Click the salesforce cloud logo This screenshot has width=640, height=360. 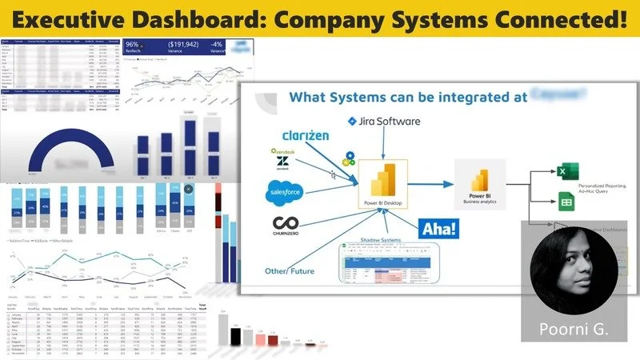pyautogui.click(x=286, y=193)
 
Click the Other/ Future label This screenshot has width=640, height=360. pyautogui.click(x=290, y=271)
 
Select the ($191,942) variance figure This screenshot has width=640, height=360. pyautogui.click(x=185, y=46)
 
